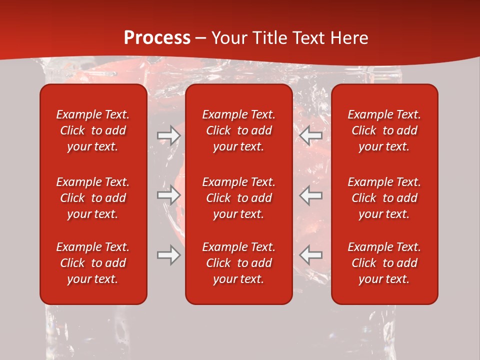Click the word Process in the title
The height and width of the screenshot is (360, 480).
(x=157, y=38)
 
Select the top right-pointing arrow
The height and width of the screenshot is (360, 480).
(x=168, y=135)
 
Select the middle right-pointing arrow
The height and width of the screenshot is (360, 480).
(x=168, y=195)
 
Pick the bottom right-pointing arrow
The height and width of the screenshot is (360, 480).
(x=168, y=255)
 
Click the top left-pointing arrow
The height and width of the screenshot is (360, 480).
(x=311, y=135)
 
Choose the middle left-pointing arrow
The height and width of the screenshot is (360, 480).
(x=311, y=195)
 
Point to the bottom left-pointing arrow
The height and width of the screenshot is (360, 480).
(x=311, y=255)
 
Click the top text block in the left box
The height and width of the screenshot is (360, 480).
(x=93, y=130)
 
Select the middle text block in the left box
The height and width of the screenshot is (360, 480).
(x=93, y=198)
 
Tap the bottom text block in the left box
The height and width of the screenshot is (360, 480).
(x=93, y=263)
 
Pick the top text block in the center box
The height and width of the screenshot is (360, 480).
(x=239, y=130)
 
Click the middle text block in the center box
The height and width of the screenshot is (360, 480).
(x=239, y=198)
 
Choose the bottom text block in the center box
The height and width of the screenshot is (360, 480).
(x=239, y=263)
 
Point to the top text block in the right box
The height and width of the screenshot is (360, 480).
(x=384, y=130)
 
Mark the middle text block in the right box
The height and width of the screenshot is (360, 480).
(x=384, y=198)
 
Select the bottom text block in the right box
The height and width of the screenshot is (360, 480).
(x=384, y=263)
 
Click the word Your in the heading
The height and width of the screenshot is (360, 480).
(x=229, y=38)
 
